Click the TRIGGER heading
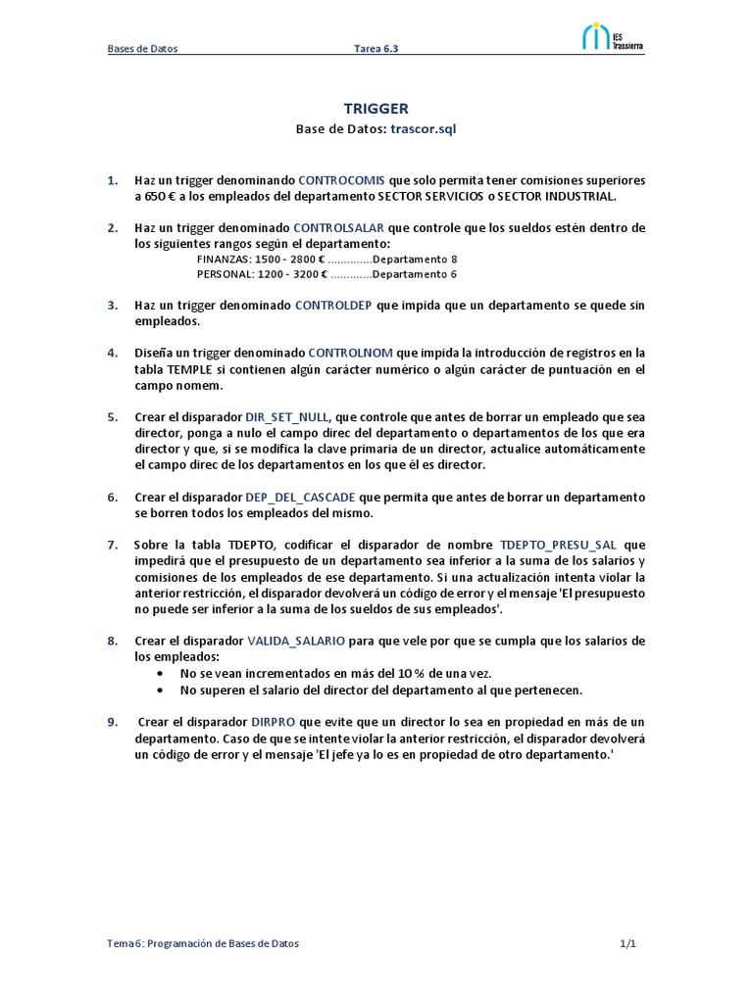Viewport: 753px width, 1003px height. (x=376, y=109)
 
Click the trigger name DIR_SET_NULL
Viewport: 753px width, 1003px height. (x=287, y=415)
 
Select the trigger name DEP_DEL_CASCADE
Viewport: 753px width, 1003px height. (x=299, y=497)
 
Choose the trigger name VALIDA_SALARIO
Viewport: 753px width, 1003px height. (x=295, y=641)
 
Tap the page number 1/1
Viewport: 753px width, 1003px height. (x=628, y=943)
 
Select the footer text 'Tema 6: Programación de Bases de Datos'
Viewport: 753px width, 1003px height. (x=203, y=943)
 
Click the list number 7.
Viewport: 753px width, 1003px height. (x=112, y=544)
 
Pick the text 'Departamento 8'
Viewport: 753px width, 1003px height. (x=417, y=260)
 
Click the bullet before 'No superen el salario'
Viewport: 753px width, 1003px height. (x=162, y=690)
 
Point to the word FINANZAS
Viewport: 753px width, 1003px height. (x=223, y=260)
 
